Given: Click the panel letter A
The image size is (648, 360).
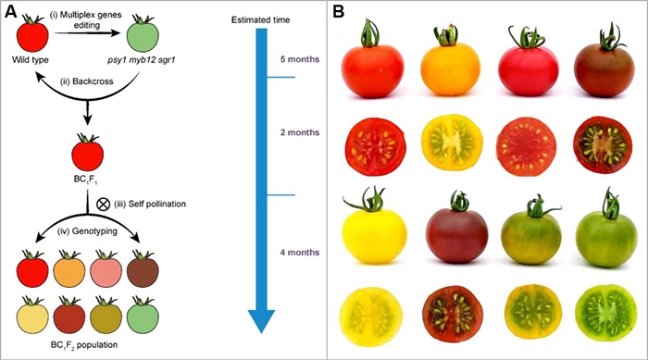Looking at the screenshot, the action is pyautogui.click(x=11, y=12).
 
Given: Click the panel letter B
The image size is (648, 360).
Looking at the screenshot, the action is pyautogui.click(x=339, y=12).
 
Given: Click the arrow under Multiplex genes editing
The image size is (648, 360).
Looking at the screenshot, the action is pyautogui.click(x=88, y=33).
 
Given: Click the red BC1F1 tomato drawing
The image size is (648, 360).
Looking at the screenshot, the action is pyautogui.click(x=87, y=152).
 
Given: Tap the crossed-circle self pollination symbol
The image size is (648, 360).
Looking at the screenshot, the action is pyautogui.click(x=103, y=204).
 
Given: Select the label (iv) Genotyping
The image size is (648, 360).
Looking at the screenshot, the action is pyautogui.click(x=87, y=231).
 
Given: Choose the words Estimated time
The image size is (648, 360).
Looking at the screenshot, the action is pyautogui.click(x=260, y=19).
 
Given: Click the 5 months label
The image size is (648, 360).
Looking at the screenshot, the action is pyautogui.click(x=300, y=59).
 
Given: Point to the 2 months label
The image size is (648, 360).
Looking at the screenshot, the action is pyautogui.click(x=300, y=132).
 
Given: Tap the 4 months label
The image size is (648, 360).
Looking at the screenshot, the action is pyautogui.click(x=300, y=252).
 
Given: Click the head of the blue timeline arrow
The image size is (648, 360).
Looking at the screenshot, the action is pyautogui.click(x=261, y=321).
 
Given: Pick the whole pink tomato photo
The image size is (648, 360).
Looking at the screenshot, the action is pyautogui.click(x=529, y=63).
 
